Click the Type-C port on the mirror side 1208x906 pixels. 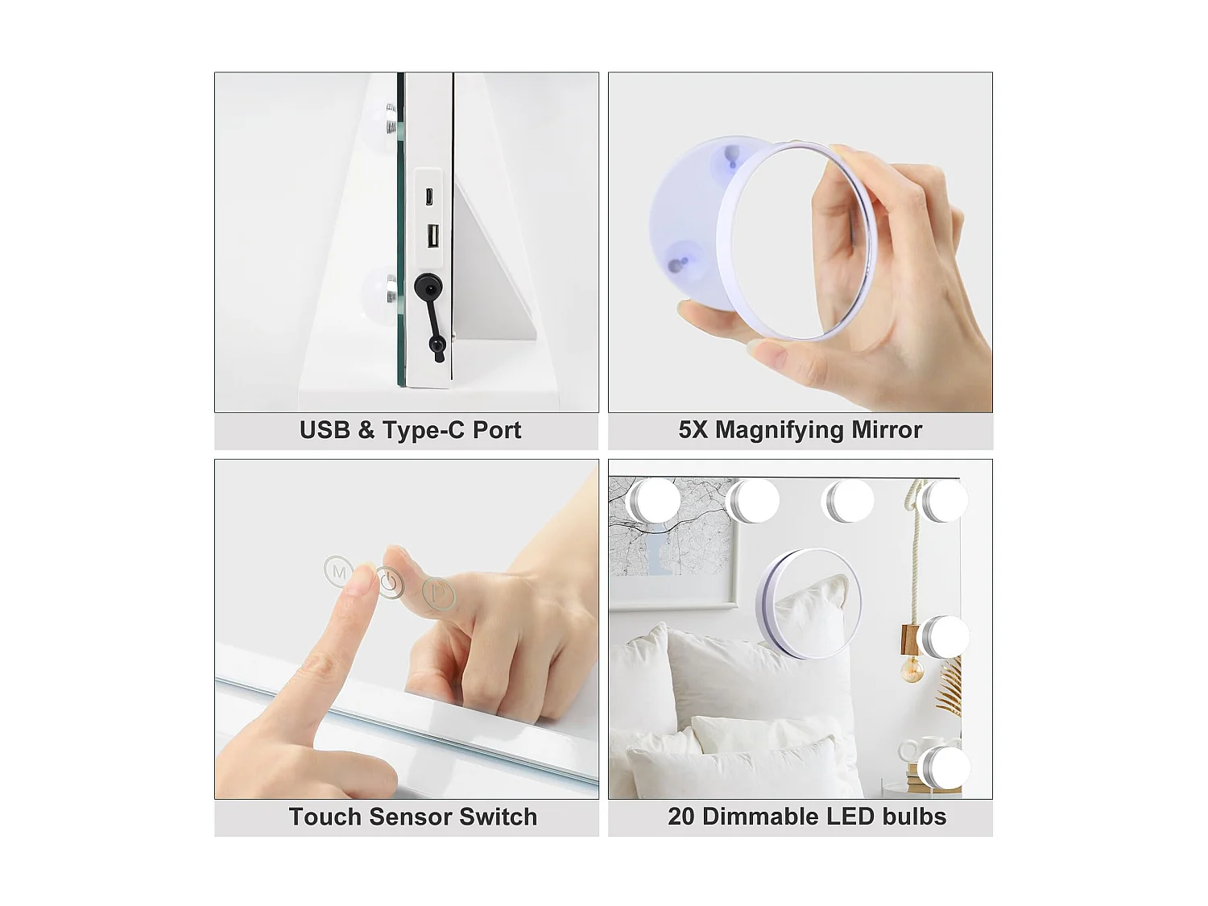[x=430, y=196]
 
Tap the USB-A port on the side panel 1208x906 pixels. [x=432, y=237]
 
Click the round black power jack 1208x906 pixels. [x=428, y=287]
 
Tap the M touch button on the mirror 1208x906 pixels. [x=338, y=572]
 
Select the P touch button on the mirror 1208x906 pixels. [x=439, y=594]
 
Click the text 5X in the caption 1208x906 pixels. [x=693, y=430]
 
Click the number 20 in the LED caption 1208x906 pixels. [x=681, y=817]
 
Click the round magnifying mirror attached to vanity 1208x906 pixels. [x=809, y=604]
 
